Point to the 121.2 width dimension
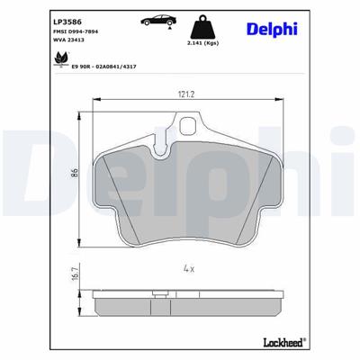187,94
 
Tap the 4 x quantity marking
188,268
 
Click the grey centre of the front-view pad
188,189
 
